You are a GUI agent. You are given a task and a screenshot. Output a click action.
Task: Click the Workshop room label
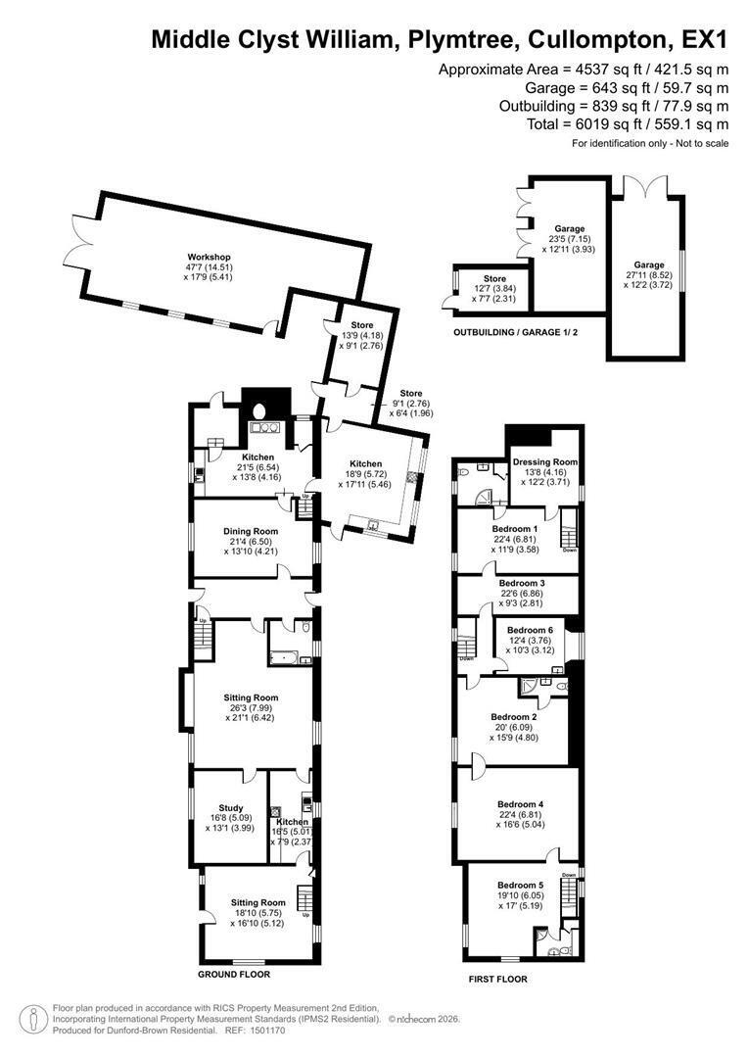[209, 257]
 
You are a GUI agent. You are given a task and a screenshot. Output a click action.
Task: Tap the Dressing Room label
[545, 462]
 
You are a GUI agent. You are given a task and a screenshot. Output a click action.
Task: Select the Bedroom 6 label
[530, 630]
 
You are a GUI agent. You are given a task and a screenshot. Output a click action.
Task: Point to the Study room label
[231, 807]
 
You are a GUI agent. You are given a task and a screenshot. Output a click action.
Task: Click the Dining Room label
[251, 531]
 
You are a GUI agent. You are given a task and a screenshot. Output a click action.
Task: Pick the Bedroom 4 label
[520, 804]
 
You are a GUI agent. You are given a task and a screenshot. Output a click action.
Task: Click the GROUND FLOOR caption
[233, 975]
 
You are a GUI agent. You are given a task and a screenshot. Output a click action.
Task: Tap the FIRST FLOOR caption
[497, 979]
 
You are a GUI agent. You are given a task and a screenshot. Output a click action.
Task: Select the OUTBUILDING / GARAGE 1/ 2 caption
[515, 333]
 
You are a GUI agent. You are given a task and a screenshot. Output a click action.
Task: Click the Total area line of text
[628, 124]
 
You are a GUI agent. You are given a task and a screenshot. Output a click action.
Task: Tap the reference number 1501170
[266, 1031]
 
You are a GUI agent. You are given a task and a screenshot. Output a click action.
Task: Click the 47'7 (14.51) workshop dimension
[209, 267]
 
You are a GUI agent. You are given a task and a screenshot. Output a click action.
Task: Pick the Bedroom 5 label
[520, 886]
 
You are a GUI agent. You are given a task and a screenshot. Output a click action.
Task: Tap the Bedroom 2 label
[514, 716]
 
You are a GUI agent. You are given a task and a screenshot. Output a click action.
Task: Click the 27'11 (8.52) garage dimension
[649, 275]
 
